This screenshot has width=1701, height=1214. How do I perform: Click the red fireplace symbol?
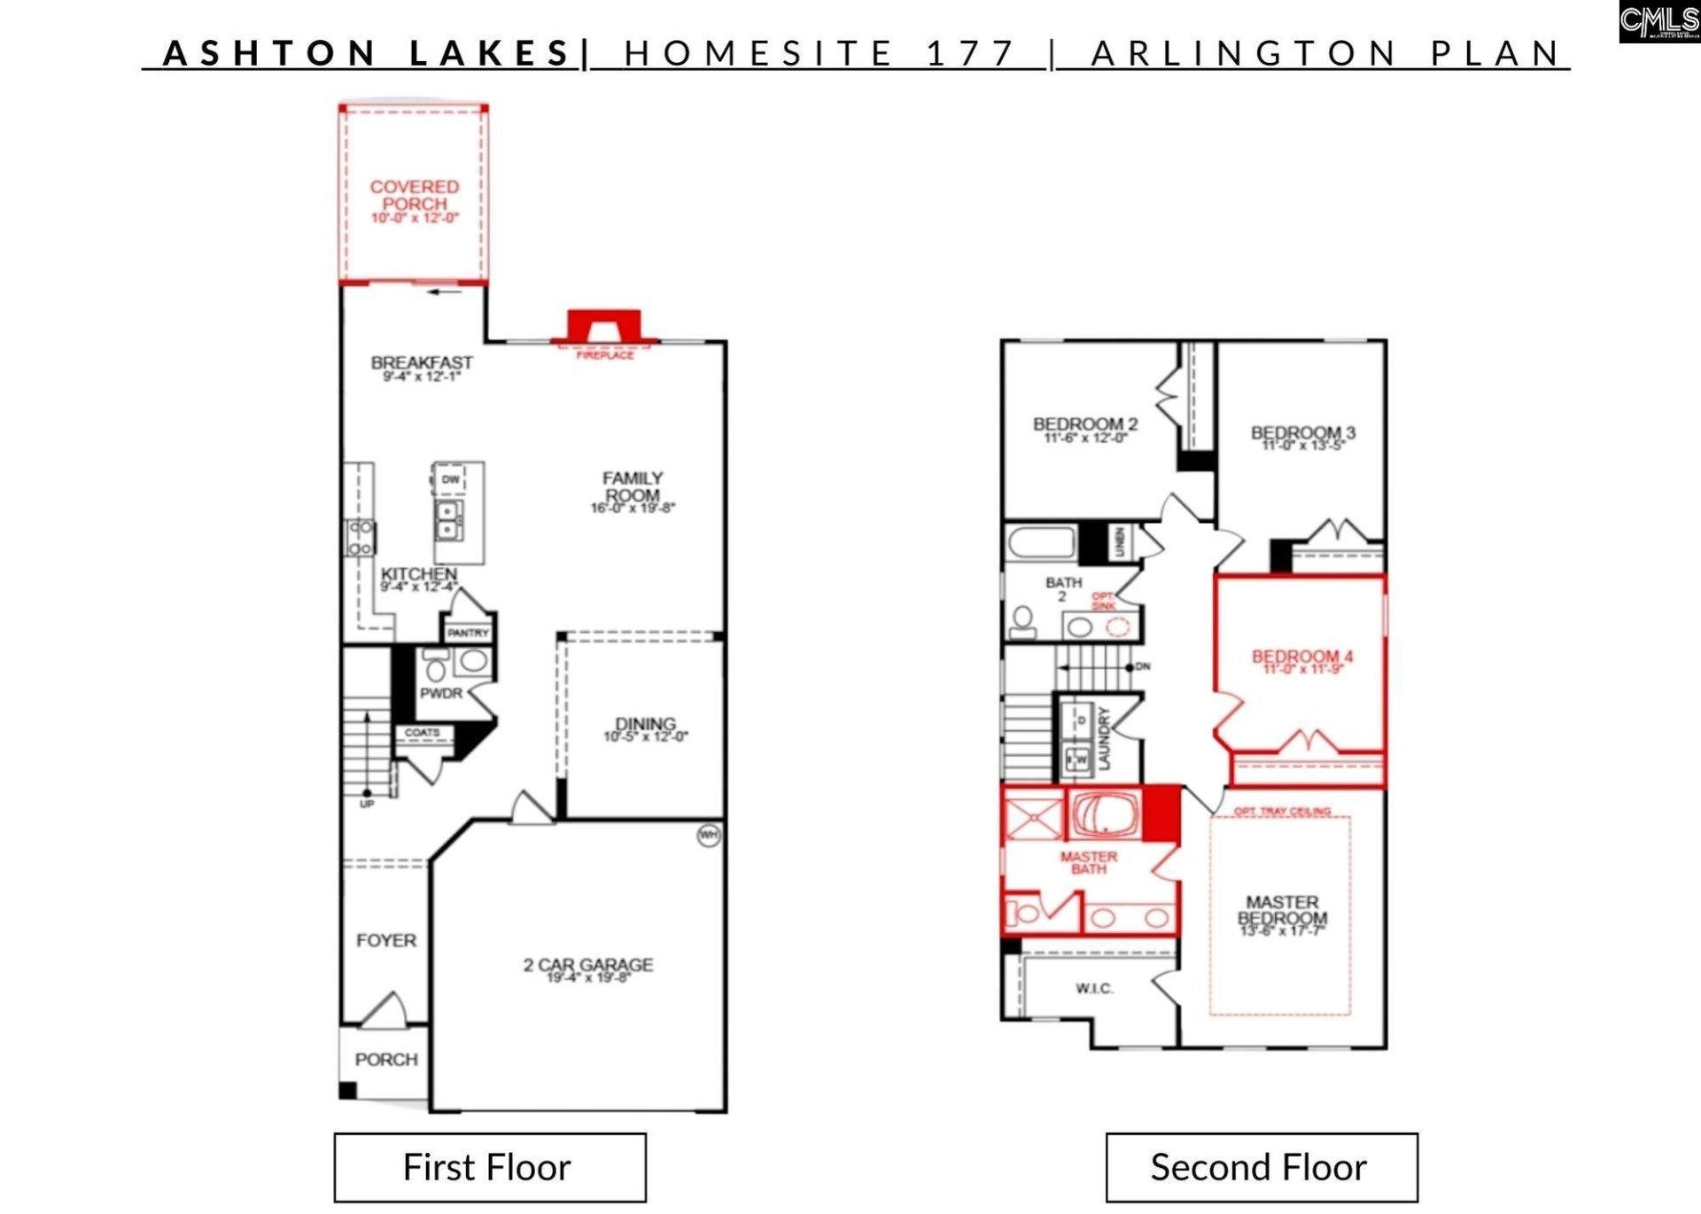click(x=604, y=325)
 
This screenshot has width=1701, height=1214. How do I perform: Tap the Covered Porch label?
click(x=415, y=196)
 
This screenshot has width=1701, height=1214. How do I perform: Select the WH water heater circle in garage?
click(x=709, y=835)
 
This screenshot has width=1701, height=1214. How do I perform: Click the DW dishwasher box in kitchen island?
click(x=450, y=479)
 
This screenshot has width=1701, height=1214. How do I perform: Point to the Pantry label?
click(x=468, y=633)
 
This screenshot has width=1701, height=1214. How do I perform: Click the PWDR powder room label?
click(x=441, y=693)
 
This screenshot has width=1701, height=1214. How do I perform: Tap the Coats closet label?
click(x=422, y=733)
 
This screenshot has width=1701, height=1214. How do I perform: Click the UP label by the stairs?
click(x=367, y=804)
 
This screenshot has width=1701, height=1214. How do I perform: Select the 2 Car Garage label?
click(x=587, y=964)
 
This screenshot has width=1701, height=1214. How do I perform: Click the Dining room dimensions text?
click(x=645, y=737)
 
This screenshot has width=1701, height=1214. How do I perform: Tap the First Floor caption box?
click(x=489, y=1167)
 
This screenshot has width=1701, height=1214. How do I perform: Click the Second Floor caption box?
click(x=1261, y=1167)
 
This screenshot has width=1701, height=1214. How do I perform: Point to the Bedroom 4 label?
click(x=1301, y=657)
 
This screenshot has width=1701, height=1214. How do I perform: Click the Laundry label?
click(x=1104, y=737)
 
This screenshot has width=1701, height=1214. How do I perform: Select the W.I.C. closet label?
click(x=1094, y=988)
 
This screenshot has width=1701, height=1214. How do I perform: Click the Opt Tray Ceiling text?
click(x=1282, y=811)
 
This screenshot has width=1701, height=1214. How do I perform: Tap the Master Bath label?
click(x=1089, y=862)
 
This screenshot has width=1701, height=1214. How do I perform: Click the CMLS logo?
click(x=1658, y=21)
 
